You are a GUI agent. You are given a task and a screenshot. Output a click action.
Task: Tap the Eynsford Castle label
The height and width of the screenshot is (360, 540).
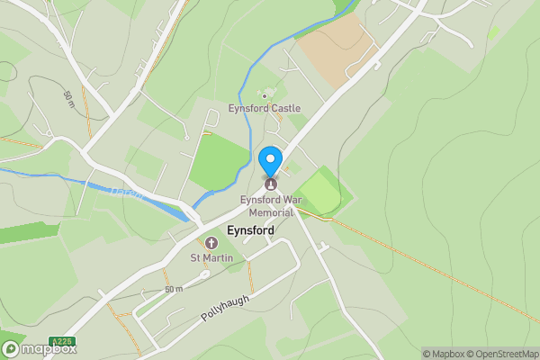pyautogui.click(x=264, y=108)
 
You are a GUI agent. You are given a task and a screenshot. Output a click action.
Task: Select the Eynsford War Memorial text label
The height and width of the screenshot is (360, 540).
pyautogui.click(x=266, y=206)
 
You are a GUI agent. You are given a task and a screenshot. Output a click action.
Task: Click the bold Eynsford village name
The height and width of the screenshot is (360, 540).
pyautogui.click(x=251, y=231)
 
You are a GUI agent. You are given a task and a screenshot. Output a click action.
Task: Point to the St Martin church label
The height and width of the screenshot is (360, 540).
pyautogui.click(x=211, y=259)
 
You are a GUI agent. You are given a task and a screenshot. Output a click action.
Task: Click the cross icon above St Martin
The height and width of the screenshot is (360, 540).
pyautogui.click(x=211, y=243)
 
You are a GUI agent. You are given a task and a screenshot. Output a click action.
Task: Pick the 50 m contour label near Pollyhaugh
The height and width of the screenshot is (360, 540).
pyautogui.click(x=174, y=289)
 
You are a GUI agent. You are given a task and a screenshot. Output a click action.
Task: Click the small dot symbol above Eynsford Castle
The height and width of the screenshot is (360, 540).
pyautogui.click(x=264, y=95)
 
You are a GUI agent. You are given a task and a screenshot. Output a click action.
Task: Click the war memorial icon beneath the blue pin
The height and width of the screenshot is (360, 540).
pyautogui.click(x=270, y=184)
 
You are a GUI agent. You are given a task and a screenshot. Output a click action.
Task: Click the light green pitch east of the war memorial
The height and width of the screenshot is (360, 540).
pyautogui.click(x=319, y=192)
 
